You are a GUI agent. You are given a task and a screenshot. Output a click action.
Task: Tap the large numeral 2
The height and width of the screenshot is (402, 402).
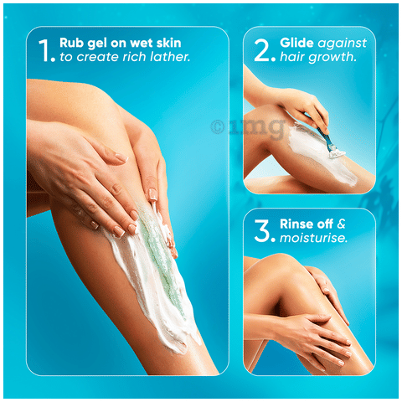pos(262,50)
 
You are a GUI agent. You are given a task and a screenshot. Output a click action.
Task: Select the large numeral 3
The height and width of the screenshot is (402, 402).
pos(262,230)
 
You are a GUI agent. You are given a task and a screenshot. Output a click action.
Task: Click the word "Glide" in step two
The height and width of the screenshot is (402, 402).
pos(296,43)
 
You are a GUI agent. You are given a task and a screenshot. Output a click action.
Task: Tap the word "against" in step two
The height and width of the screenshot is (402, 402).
pos(343,44)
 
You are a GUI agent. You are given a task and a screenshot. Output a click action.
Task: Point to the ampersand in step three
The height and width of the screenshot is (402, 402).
pos(341,224)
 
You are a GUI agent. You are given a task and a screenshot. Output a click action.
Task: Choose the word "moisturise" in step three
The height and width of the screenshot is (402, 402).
pos(312,238)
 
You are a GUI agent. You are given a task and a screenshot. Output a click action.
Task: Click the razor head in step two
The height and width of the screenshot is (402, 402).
pos(337,154)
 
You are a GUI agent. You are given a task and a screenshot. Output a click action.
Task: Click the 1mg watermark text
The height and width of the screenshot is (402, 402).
pos(257,128)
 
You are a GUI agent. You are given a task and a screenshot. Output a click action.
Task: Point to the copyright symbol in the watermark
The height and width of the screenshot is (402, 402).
pos(217,126)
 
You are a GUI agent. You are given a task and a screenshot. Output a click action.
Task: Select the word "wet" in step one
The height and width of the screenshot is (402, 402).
pos(141,44)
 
